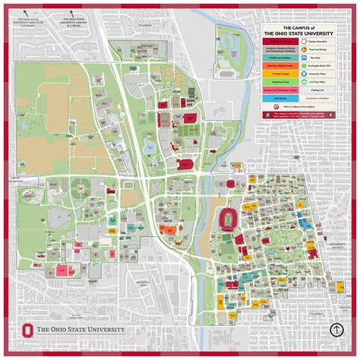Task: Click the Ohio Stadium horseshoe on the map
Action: (226, 218)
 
